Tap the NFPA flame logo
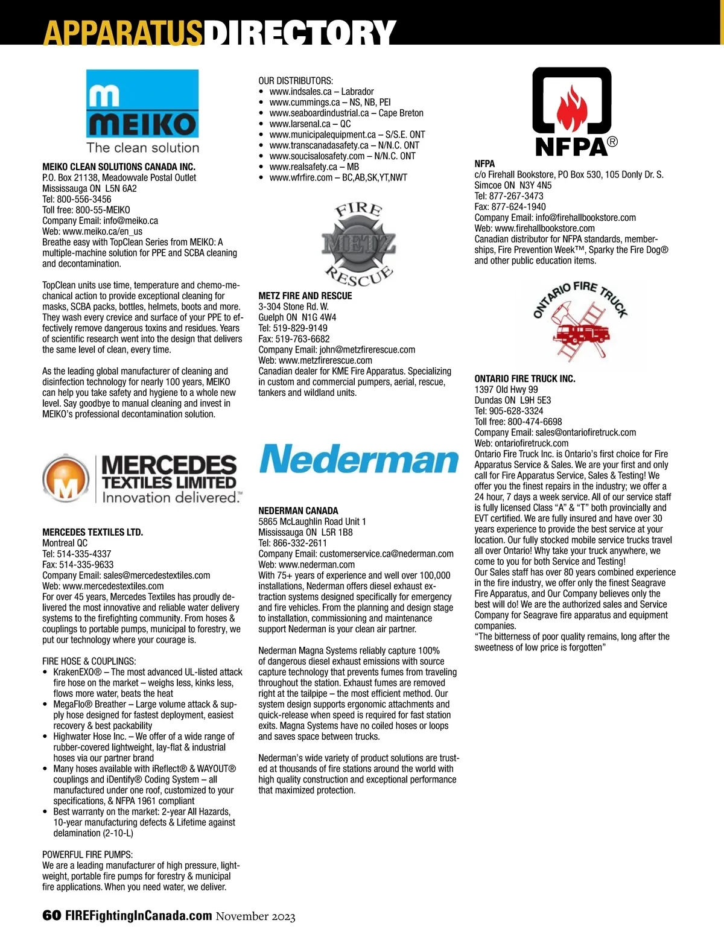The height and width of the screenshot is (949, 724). [x=571, y=103]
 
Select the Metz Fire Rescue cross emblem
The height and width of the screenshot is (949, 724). [x=358, y=244]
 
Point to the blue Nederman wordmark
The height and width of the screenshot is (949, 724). [x=359, y=460]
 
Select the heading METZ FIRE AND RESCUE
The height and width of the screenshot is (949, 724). [x=305, y=296]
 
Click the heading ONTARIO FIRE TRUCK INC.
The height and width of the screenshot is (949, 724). [x=525, y=379]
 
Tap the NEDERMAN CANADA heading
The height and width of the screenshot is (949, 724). [x=298, y=510]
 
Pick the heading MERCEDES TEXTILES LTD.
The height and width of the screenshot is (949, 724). [x=92, y=532]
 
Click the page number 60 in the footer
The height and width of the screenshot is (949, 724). [x=51, y=915]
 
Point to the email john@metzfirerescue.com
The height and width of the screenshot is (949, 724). [x=367, y=350]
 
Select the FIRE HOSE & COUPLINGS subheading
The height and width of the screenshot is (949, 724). [x=89, y=661]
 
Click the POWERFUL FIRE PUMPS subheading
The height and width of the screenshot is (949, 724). [x=87, y=855]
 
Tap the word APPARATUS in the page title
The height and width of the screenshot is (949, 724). [x=122, y=33]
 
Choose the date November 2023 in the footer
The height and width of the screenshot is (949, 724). [x=256, y=916]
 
